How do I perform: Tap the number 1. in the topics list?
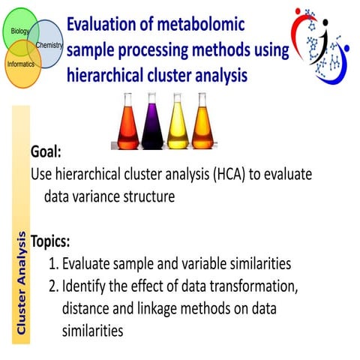(x=53, y=264)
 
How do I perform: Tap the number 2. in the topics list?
(x=53, y=286)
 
